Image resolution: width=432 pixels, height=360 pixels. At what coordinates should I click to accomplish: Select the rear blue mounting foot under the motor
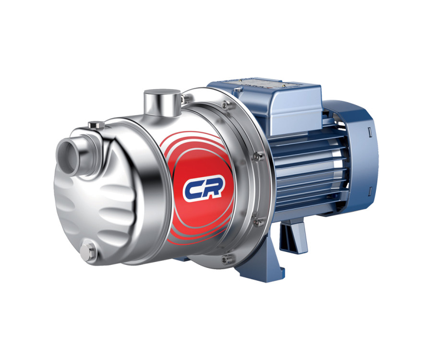click(293, 235)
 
